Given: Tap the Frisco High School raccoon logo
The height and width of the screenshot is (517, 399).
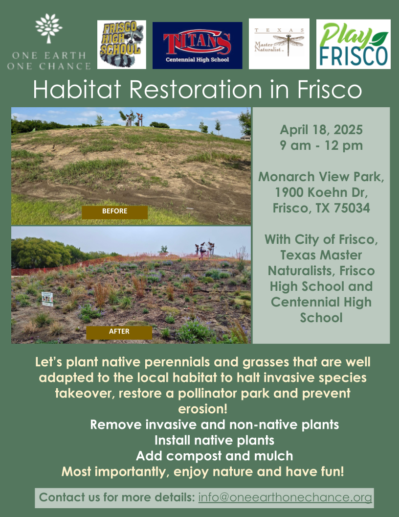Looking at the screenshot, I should pyautogui.click(x=121, y=44).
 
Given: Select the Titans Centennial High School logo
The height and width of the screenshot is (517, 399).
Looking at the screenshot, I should pyautogui.click(x=197, y=45).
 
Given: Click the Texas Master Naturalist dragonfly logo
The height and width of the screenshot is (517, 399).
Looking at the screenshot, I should pyautogui.click(x=279, y=44).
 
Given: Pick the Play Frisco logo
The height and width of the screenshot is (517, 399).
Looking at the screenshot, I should pyautogui.click(x=353, y=44).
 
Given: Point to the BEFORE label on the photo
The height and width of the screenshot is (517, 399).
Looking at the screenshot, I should pyautogui.click(x=114, y=211).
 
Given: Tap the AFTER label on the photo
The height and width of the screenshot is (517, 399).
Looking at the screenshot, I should pyautogui.click(x=119, y=331).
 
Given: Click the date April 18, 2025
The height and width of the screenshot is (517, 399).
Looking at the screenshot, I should pyautogui.click(x=321, y=130).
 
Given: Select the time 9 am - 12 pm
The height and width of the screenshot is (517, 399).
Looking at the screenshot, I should pyautogui.click(x=321, y=145).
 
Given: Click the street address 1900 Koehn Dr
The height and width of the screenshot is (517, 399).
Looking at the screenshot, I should pyautogui.click(x=321, y=192).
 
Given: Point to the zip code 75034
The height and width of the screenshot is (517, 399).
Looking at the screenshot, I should pyautogui.click(x=349, y=208).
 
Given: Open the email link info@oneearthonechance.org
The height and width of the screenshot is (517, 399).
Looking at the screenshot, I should pyautogui.click(x=285, y=498).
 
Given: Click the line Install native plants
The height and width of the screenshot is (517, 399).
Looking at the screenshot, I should pyautogui.click(x=214, y=440).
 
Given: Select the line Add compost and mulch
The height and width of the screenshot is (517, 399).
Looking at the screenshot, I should pyautogui.click(x=214, y=456).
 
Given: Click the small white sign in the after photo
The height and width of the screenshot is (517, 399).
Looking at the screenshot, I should pyautogui.click(x=47, y=299).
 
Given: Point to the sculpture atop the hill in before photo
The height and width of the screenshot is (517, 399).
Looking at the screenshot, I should pyautogui.click(x=131, y=117).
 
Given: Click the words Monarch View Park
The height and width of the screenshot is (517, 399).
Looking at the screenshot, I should pyautogui.click(x=321, y=176).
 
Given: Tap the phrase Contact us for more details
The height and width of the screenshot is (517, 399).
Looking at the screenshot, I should pyautogui.click(x=117, y=498).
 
